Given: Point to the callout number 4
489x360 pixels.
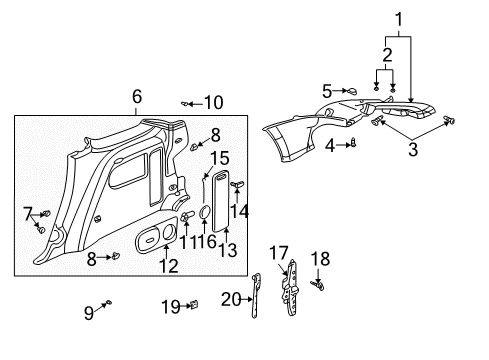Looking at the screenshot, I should pos(331,145).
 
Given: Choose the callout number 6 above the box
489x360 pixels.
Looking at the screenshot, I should pos(137,96).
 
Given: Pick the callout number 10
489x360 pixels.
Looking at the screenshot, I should pos(213,102).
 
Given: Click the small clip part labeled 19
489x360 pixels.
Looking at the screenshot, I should pos(197,303).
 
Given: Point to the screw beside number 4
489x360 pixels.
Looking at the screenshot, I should pos(352,144).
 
